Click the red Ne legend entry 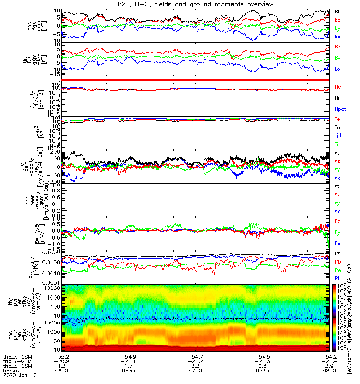[337, 87]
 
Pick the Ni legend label [337, 98]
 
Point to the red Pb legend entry [337, 262]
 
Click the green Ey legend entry [337, 233]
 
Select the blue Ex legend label [337, 244]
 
